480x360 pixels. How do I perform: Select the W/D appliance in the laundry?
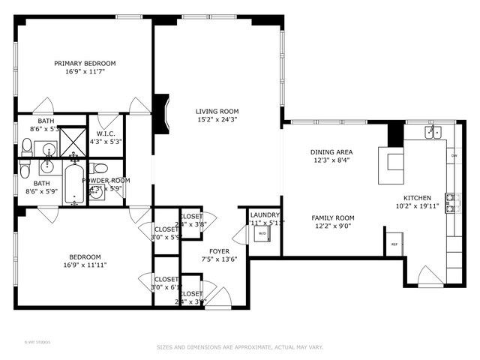(x=262, y=233)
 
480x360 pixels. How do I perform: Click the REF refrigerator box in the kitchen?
(x=394, y=244)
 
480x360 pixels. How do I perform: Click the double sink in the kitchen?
(x=433, y=133)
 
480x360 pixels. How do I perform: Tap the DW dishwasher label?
(x=454, y=156)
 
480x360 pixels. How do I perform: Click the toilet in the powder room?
(x=101, y=167)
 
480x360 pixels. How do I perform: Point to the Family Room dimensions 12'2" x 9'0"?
(x=333, y=226)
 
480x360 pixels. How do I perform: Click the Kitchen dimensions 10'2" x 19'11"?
(x=413, y=205)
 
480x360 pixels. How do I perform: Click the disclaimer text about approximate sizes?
(x=239, y=347)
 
